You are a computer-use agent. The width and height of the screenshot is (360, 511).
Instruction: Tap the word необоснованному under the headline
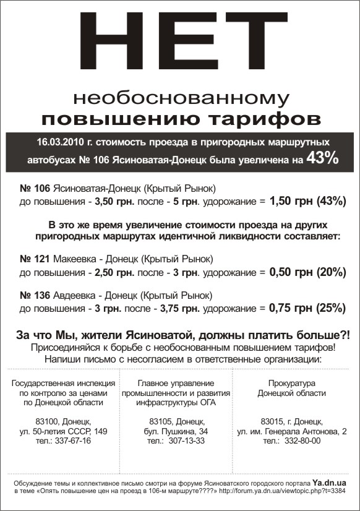pyautogui.click(x=180, y=98)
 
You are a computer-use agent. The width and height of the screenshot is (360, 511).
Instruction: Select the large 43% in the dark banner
pyautogui.click(x=323, y=158)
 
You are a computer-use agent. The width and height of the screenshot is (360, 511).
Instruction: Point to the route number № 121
pyautogui.click(x=35, y=258)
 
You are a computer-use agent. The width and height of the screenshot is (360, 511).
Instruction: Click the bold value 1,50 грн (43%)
pyautogui.click(x=306, y=202)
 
